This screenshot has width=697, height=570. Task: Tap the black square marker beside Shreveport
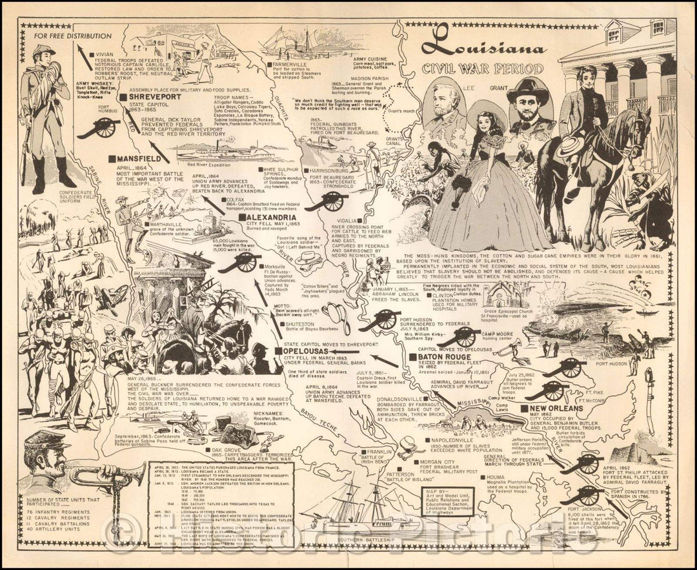(123, 97)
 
